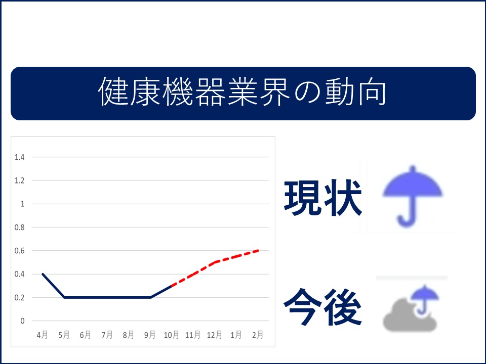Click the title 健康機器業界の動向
[242, 92]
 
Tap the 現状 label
[322, 198]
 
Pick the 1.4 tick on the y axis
[19, 157]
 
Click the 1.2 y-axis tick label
[19, 180]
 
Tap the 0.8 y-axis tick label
[19, 227]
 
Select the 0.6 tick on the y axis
[19, 251]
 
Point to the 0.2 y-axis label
[19, 298]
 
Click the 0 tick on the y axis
[22, 321]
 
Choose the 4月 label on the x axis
[43, 335]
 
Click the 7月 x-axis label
[107, 335]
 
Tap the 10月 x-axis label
[172, 335]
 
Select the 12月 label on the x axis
[215, 335]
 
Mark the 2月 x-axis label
[258, 335]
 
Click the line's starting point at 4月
[43, 274]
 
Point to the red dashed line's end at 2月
[258, 250]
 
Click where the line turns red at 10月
[172, 286]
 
